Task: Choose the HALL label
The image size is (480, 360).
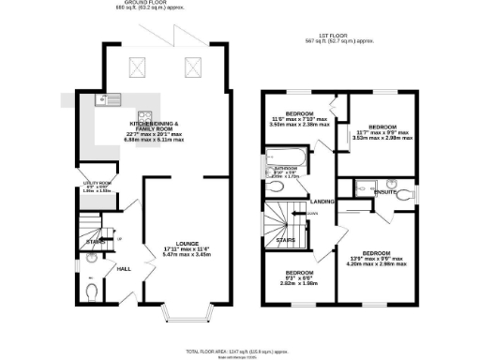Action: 122,269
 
